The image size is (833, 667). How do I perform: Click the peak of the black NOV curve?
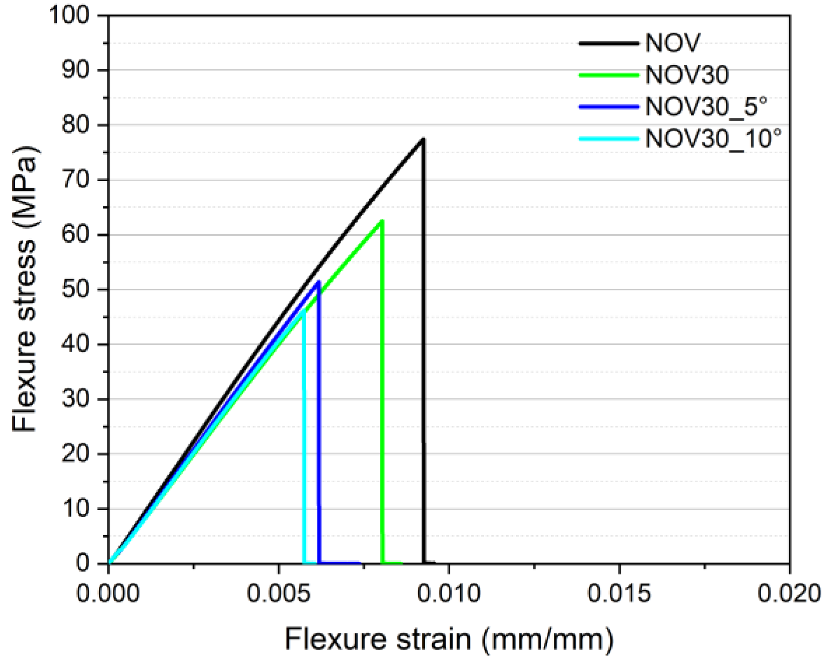click(422, 139)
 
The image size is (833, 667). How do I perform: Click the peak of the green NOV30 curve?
click(382, 221)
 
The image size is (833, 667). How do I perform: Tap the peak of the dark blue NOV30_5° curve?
click(318, 281)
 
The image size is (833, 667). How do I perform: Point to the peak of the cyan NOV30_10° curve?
click(303, 310)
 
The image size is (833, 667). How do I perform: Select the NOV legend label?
click(672, 43)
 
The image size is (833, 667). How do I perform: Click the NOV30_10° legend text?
click(713, 138)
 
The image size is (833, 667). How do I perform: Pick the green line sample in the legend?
click(608, 75)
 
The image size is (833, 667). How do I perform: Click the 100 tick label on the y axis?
click(69, 15)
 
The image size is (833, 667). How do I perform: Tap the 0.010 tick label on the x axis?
click(448, 594)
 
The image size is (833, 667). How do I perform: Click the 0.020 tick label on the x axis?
click(789, 594)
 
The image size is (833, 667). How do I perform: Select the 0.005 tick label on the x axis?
click(278, 594)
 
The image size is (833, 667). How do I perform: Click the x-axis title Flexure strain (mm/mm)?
click(448, 639)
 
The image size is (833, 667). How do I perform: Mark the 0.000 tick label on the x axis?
click(108, 594)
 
